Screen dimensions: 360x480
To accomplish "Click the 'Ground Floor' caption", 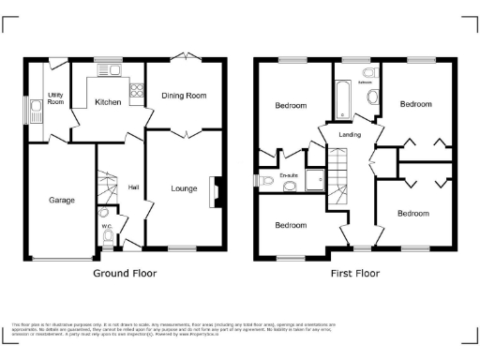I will click(124, 274).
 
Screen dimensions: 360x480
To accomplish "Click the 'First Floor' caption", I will click(354, 274).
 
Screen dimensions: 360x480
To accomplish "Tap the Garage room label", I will click(62, 200).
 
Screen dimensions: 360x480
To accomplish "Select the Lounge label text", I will click(184, 188).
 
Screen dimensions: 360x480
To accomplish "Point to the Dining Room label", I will click(184, 96).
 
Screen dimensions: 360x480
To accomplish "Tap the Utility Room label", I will click(55, 98).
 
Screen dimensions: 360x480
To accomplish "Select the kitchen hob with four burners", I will click(136, 92).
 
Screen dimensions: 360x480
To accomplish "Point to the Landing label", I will click(337, 135).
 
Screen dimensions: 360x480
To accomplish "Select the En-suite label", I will click(291, 174).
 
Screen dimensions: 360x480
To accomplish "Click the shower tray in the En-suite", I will click(314, 174).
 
